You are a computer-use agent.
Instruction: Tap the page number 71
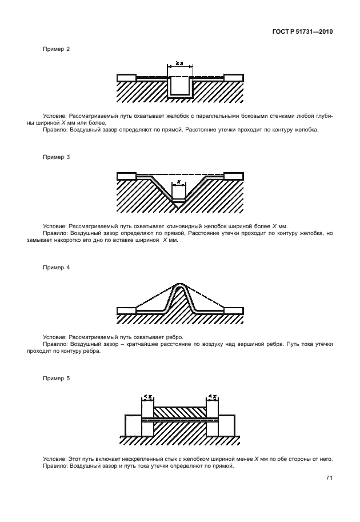click(x=329, y=477)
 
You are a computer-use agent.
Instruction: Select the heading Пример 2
click(x=57, y=49)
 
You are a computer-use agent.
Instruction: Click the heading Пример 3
click(x=57, y=156)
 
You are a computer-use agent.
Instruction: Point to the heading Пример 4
click(x=57, y=267)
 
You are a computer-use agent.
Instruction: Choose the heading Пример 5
click(x=57, y=378)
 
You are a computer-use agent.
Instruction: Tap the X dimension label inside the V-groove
click(x=179, y=183)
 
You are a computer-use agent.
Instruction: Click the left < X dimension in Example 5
click(x=147, y=396)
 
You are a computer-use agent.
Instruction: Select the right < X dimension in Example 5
click(x=212, y=396)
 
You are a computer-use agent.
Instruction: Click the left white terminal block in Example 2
click(x=126, y=77)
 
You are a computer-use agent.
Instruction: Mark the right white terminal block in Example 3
click(x=233, y=176)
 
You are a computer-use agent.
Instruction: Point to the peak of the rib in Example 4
click(x=179, y=286)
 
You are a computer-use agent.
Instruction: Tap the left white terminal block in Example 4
click(x=126, y=310)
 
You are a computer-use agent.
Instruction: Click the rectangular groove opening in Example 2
click(x=179, y=86)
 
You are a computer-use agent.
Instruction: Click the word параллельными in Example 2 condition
click(x=217, y=115)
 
